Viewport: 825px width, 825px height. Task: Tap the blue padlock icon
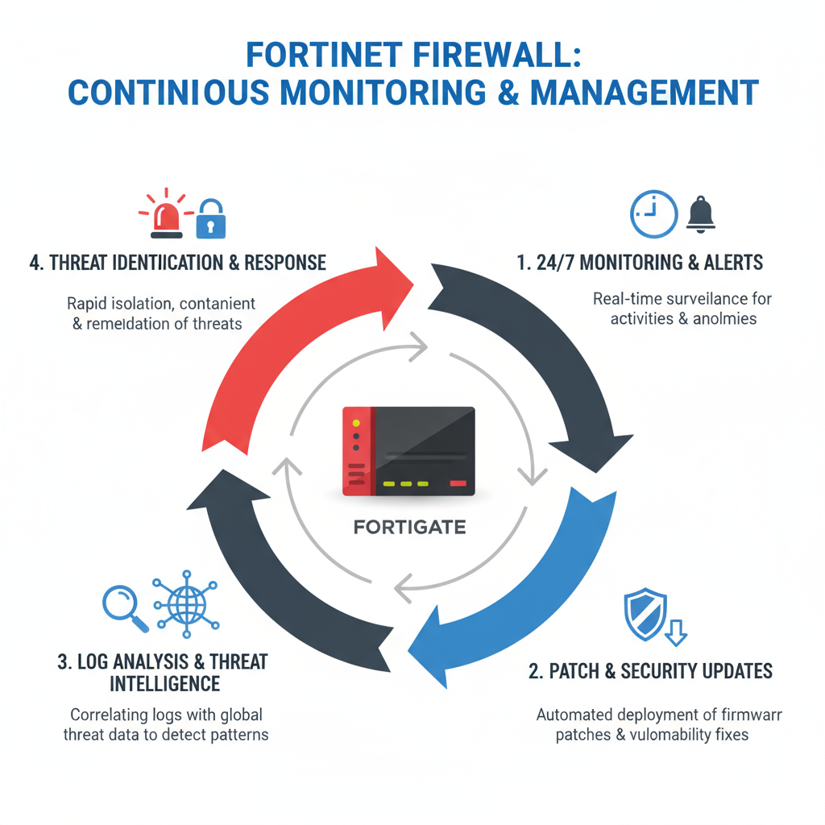pyautogui.click(x=211, y=219)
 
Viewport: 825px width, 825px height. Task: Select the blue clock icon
pyautogui.click(x=653, y=214)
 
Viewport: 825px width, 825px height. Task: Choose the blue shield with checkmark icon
pyautogui.click(x=645, y=614)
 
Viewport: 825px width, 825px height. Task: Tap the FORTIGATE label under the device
pyautogui.click(x=409, y=528)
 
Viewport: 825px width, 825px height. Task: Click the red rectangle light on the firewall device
pyautogui.click(x=458, y=483)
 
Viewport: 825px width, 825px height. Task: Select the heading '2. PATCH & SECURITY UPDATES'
pyautogui.click(x=650, y=670)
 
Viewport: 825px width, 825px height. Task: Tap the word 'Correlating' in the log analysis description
pyautogui.click(x=111, y=715)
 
